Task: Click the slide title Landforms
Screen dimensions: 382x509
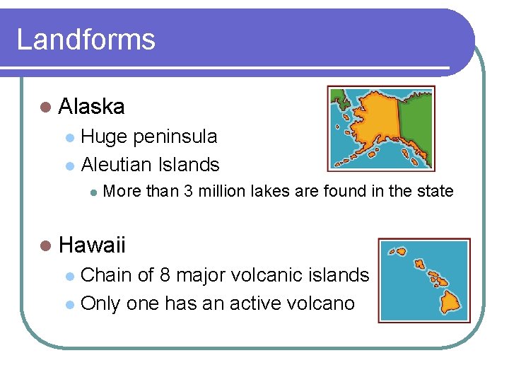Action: click(86, 39)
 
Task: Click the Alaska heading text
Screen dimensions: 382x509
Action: click(92, 107)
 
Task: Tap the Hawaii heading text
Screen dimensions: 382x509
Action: click(92, 245)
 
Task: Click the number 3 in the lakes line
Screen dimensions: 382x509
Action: click(188, 192)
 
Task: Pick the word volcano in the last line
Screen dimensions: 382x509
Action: click(321, 304)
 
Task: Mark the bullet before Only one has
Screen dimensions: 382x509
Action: click(69, 305)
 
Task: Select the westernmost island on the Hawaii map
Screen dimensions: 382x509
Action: click(401, 251)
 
